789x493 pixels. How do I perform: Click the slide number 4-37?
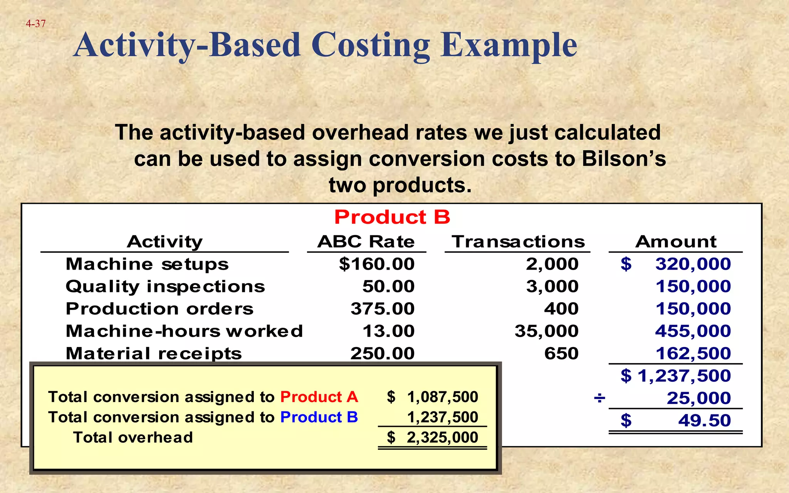click(35, 24)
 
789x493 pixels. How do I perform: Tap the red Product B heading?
click(392, 217)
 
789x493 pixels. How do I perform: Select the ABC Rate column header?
click(366, 242)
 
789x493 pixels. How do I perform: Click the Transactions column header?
click(518, 242)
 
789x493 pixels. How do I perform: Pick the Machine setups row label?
click(147, 264)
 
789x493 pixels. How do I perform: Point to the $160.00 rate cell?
click(376, 264)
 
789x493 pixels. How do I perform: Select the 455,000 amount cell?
click(693, 331)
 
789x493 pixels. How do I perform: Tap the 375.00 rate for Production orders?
click(382, 309)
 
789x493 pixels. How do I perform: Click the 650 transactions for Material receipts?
click(561, 354)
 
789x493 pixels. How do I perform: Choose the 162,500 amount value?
click(693, 354)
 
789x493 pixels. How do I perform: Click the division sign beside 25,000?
click(599, 398)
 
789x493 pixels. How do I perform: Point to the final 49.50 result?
click(704, 421)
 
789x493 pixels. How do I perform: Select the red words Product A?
click(319, 397)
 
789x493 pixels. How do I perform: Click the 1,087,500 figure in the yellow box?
click(442, 397)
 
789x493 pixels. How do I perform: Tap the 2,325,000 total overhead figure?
click(442, 438)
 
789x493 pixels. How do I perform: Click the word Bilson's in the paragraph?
click(624, 159)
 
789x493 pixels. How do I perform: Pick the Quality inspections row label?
click(165, 287)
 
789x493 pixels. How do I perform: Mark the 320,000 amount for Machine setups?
click(693, 264)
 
